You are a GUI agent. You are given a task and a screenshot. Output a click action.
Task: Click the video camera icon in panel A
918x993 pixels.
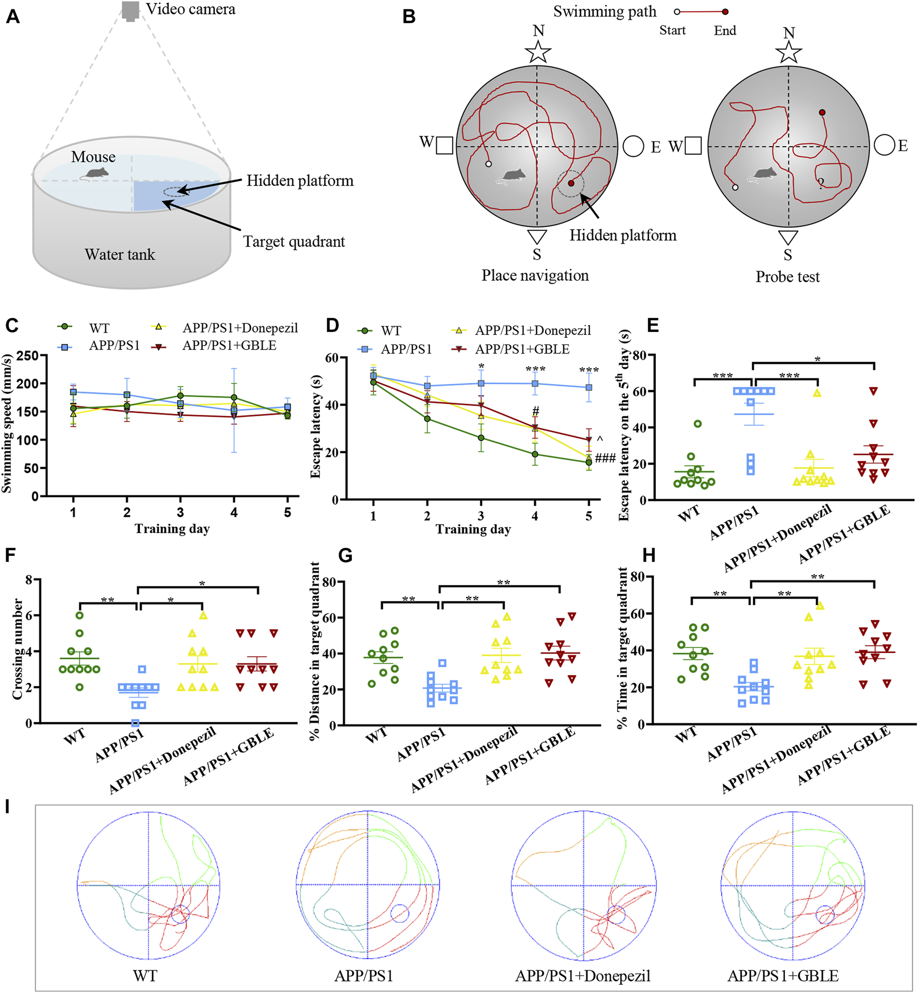pos(131,11)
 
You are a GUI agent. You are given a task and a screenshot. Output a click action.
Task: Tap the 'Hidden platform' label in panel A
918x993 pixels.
pos(300,181)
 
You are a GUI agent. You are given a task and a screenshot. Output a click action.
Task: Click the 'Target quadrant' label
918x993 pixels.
pos(294,241)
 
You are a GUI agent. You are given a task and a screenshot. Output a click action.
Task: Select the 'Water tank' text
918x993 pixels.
pos(120,254)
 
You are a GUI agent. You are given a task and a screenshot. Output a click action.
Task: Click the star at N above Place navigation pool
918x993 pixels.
pos(538,52)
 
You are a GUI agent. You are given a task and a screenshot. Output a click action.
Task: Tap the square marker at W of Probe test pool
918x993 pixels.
pos(693,146)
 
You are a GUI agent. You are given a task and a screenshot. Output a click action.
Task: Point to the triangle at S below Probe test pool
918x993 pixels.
pos(788,237)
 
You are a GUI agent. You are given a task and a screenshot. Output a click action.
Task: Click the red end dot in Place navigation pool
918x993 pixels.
pos(571,183)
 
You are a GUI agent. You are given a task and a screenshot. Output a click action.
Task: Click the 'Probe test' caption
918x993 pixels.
pos(787,277)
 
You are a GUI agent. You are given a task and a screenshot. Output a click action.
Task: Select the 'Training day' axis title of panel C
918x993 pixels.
pos(172,529)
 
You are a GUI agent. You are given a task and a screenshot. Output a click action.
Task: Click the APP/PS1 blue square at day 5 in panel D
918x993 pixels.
pos(589,387)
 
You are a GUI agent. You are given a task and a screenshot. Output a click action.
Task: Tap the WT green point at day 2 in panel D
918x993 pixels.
pos(427,419)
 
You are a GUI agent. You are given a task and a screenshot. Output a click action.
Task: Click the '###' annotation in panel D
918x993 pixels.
pos(605,457)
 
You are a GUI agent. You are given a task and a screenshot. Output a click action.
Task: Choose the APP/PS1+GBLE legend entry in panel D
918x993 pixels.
pos(522,350)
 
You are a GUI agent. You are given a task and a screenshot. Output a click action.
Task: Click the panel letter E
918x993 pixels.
pos(653,325)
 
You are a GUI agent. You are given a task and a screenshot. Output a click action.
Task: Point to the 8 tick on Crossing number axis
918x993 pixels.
pos(30,579)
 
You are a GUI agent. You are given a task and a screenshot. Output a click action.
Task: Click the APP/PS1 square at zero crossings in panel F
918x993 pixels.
pos(135,723)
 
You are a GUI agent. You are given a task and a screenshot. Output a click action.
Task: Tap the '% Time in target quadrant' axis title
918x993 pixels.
pos(622,647)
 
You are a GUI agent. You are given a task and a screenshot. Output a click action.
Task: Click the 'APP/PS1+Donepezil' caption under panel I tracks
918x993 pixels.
pos(582,976)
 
